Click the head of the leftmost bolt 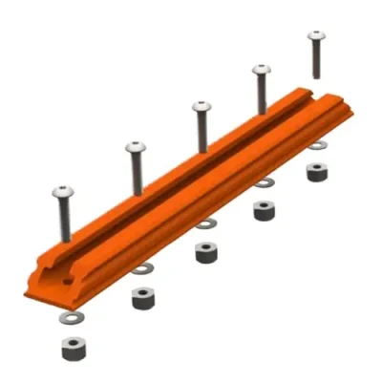click(x=63, y=191)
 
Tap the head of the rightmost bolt click(x=316, y=36)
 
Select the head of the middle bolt click(x=201, y=107)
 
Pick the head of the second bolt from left click(x=136, y=148)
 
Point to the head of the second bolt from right click(x=261, y=70)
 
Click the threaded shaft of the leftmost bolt click(x=64, y=220)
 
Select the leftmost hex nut click(x=73, y=349)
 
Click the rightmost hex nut click(x=316, y=172)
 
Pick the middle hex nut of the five click(x=204, y=253)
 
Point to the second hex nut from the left click(x=143, y=297)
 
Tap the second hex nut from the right click(x=265, y=210)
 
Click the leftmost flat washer click(x=70, y=315)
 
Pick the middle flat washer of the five click(x=205, y=224)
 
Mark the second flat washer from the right click(x=264, y=182)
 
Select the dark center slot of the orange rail click(x=191, y=181)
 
